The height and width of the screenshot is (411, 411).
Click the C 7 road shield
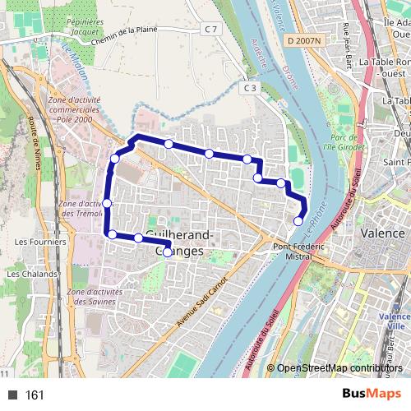(x=212, y=30)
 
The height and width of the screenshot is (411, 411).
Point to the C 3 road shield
(x=250, y=87)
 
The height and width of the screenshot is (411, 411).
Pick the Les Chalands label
(x=32, y=274)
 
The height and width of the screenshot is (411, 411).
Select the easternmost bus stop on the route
(x=298, y=220)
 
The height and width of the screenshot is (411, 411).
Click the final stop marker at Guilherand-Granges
(x=168, y=252)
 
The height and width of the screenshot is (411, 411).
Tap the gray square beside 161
(x=12, y=395)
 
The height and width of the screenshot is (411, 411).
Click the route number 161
(x=35, y=395)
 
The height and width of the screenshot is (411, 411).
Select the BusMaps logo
(x=372, y=394)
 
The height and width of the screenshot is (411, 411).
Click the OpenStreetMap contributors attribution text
(x=339, y=368)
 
